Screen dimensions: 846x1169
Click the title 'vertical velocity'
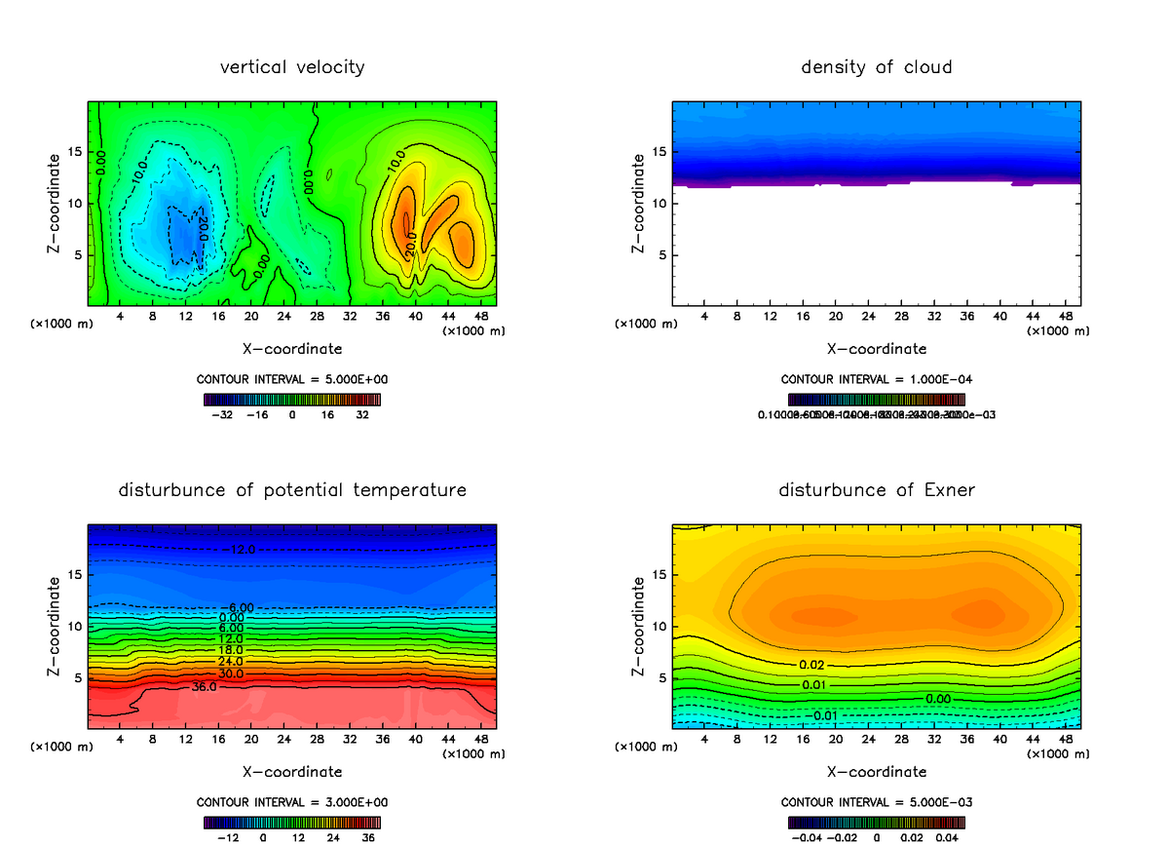click(x=292, y=67)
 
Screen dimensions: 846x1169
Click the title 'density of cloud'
click(x=876, y=67)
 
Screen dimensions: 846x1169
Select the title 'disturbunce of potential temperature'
click(x=292, y=489)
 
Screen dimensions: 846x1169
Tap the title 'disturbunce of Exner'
click(x=876, y=489)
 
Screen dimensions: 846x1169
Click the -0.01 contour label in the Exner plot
click(x=825, y=716)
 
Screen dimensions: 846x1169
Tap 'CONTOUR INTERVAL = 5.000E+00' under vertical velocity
click(x=292, y=379)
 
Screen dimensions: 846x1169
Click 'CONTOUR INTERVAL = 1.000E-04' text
click(x=876, y=379)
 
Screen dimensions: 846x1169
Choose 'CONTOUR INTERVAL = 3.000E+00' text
click(x=292, y=802)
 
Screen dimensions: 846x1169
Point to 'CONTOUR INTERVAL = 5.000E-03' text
click(x=876, y=802)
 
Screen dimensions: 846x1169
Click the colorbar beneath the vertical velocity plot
click(x=292, y=399)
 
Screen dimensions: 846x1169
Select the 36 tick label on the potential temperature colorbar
click(x=368, y=837)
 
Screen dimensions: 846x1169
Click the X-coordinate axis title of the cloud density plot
click(x=876, y=348)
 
